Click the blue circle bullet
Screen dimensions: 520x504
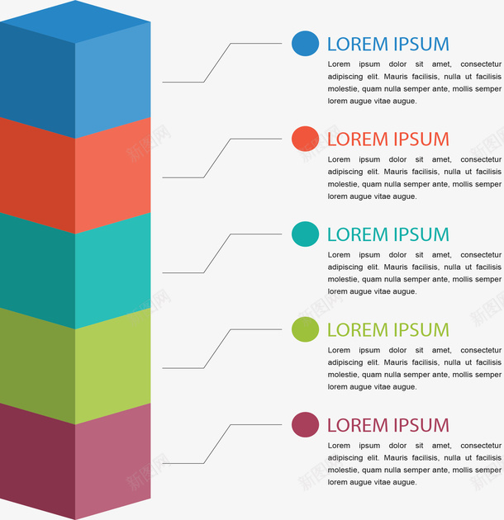tap(305, 44)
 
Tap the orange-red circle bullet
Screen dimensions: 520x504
tap(305, 139)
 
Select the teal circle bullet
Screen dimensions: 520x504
tap(305, 234)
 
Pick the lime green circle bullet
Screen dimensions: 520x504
tap(305, 329)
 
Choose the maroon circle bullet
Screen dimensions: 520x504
tap(305, 425)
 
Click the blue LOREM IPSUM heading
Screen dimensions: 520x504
tap(388, 45)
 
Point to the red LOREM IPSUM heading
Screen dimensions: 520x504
tap(388, 139)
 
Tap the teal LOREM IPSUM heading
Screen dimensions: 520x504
tap(388, 235)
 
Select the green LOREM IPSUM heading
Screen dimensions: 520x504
tap(388, 330)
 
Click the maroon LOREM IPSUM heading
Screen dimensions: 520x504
tap(388, 426)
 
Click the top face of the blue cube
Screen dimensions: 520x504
tap(75, 20)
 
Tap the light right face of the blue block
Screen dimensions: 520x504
tap(113, 78)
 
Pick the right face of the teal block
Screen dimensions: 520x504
tap(113, 268)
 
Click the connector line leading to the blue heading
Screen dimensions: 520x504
tap(216, 62)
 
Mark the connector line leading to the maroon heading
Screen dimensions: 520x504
tap(216, 444)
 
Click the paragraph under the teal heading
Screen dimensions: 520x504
tap(414, 273)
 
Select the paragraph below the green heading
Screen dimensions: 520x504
tap(414, 368)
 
